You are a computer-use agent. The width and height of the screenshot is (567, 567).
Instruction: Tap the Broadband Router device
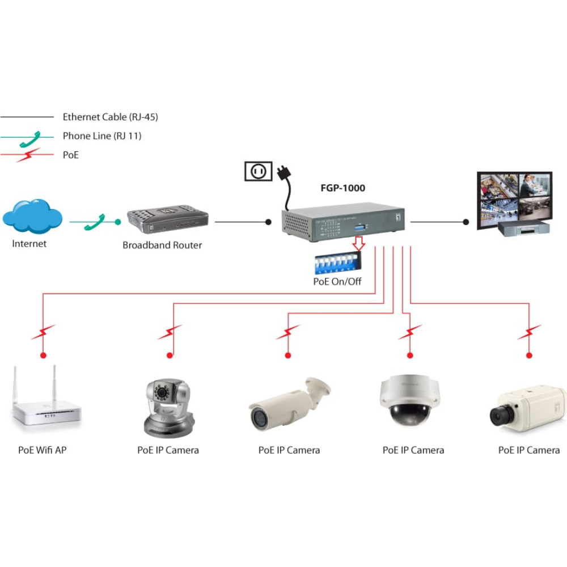coord(168,219)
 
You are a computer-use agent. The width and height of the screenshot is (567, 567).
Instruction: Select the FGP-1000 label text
coord(343,188)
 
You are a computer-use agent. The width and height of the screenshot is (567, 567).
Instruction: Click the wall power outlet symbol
coord(258,171)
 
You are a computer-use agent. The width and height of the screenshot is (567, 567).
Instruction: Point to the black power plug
coord(284,173)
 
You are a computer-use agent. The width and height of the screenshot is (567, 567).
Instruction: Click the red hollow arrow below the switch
coord(358,243)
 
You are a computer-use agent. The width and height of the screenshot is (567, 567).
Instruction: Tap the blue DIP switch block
coord(338,264)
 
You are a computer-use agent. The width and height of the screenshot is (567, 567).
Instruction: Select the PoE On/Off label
coord(337,281)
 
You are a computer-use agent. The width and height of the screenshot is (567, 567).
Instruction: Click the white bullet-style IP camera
coord(289,404)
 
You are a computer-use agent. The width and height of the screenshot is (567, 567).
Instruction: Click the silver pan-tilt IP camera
coord(169,408)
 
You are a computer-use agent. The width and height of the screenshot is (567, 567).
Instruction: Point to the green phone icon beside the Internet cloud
coord(95,222)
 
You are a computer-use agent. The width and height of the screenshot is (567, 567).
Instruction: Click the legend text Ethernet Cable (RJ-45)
coord(111,117)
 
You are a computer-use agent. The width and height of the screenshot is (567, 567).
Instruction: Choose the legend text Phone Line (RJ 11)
coord(102,136)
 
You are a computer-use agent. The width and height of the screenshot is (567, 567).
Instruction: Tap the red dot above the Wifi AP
coord(44,356)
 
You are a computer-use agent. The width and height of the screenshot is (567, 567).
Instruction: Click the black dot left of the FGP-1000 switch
coord(268,222)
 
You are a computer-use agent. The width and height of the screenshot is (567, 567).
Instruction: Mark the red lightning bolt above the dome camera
coord(410,332)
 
